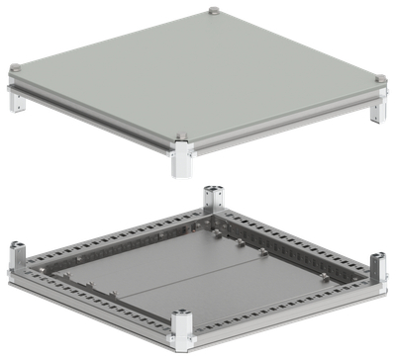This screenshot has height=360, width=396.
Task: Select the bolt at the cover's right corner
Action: click(x=379, y=80)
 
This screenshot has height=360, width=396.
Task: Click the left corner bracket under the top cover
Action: click(x=16, y=99)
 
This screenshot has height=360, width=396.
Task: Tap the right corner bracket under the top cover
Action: click(x=376, y=109)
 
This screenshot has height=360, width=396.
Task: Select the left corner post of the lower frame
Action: click(x=18, y=256)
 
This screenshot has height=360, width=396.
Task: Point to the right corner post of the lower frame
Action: click(x=376, y=269)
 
